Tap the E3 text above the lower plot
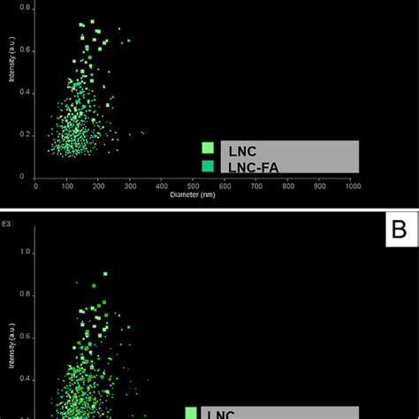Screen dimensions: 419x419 tap(7, 225)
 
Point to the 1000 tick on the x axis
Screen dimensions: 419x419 tap(354, 186)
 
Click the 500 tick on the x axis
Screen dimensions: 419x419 tap(194, 186)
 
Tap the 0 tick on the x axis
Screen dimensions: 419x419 tap(35, 186)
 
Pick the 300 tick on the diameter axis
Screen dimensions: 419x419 tap(131, 186)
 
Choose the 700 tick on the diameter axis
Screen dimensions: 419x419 tap(258, 186)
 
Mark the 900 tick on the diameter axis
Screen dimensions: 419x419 tap(322, 186)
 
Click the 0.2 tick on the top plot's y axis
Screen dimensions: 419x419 tap(26, 134)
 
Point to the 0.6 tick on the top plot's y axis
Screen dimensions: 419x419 tap(26, 50)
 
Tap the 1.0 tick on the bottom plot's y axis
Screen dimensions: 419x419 tap(26, 252)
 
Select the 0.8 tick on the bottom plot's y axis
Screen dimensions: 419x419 tap(26, 294)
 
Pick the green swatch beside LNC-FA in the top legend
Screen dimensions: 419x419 tap(208, 165)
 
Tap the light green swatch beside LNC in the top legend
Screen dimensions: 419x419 tap(208, 149)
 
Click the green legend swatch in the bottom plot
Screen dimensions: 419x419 tap(191, 412)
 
